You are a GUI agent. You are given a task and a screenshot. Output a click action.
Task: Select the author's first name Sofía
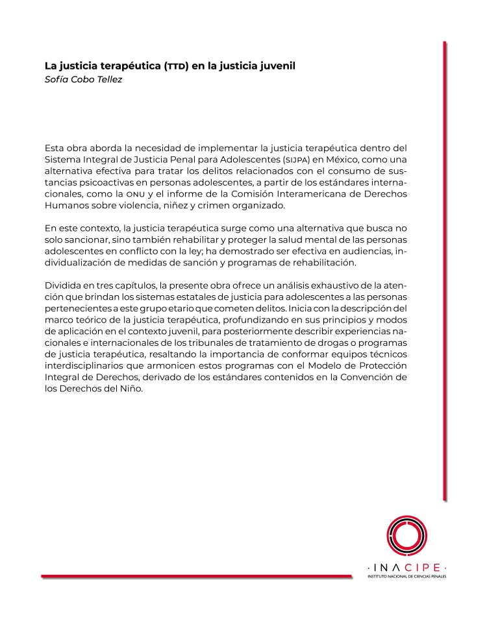[56, 79]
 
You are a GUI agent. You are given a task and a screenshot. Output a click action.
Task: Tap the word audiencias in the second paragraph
[360, 251]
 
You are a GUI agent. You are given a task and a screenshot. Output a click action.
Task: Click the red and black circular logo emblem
[406, 535]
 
